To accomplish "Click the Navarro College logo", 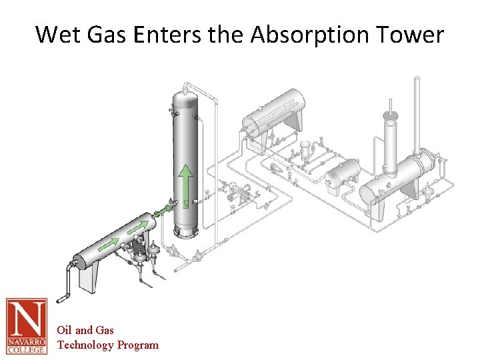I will (x=27, y=325).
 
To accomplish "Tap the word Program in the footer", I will (x=139, y=345).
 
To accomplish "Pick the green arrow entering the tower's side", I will (x=162, y=212).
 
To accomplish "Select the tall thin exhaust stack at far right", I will (x=418, y=113).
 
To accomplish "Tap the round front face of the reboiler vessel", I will (x=367, y=195).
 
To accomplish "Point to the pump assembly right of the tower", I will (x=239, y=195).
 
